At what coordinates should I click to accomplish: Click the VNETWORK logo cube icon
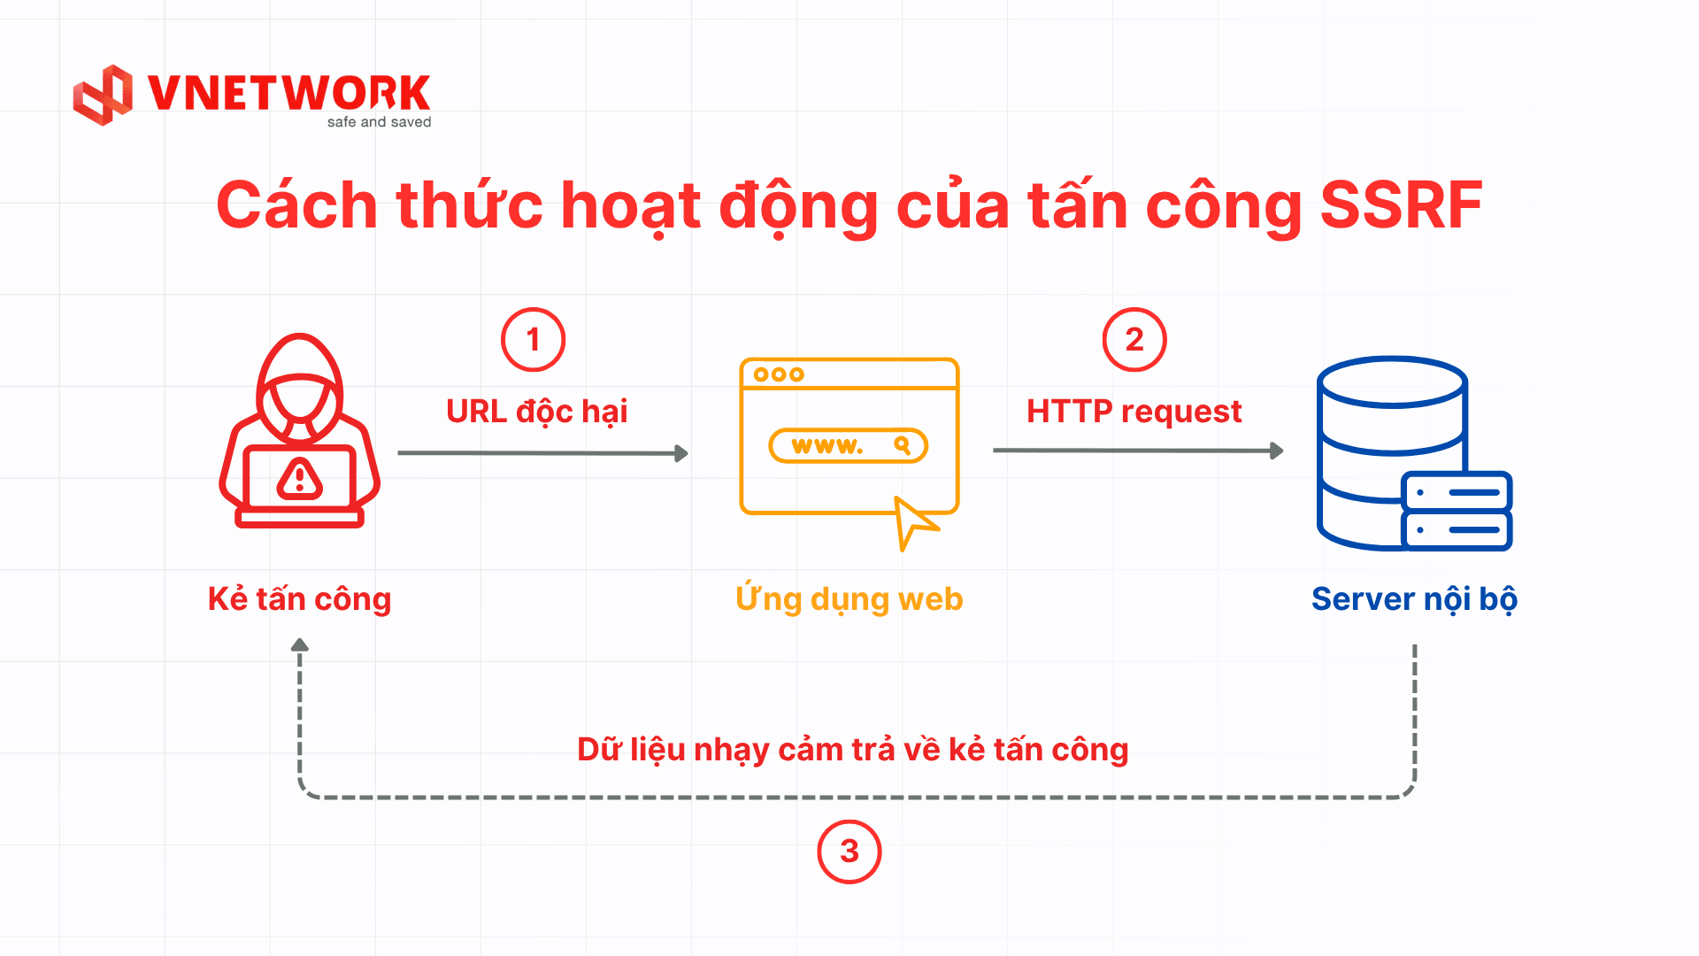coord(103,95)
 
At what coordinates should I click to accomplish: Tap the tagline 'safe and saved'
coord(379,122)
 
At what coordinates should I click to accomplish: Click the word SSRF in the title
coord(1401,205)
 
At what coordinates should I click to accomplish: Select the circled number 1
coord(533,340)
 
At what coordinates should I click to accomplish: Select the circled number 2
coord(1134,340)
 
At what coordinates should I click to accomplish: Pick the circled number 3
coord(849,852)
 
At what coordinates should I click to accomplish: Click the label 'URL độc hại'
coord(537,412)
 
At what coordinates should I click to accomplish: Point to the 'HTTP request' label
coord(1134,412)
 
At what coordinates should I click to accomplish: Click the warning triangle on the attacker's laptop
coord(300,479)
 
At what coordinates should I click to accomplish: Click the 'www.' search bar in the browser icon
coord(849,445)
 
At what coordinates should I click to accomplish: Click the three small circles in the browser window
coord(779,374)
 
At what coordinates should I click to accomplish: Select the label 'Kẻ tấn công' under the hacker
coord(300,599)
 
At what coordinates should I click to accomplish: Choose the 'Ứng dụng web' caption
coord(849,600)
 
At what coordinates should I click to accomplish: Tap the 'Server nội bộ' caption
coord(1414,600)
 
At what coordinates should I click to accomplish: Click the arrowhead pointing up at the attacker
coord(300,645)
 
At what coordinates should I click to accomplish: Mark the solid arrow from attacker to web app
coord(543,453)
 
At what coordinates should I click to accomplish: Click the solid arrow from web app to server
coord(1139,451)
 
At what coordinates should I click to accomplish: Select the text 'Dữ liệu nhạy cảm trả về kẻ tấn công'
coord(853,751)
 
